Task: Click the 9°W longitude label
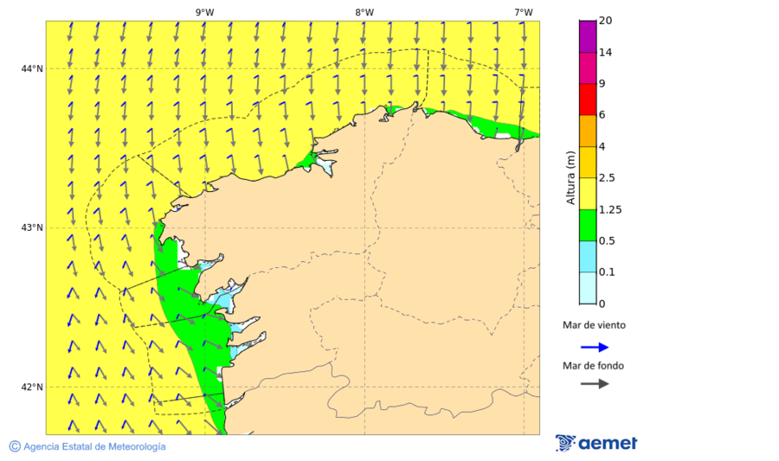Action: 204,12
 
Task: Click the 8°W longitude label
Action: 364,12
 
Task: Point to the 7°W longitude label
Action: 523,12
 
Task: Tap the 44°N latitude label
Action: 32,69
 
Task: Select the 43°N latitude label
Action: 32,228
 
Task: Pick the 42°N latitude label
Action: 32,387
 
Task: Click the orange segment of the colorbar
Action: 588,131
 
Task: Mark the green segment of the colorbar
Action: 588,225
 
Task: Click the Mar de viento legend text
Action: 594,326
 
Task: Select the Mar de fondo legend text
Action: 593,365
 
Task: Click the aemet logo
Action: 596,443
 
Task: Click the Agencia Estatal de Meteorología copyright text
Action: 87,446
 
